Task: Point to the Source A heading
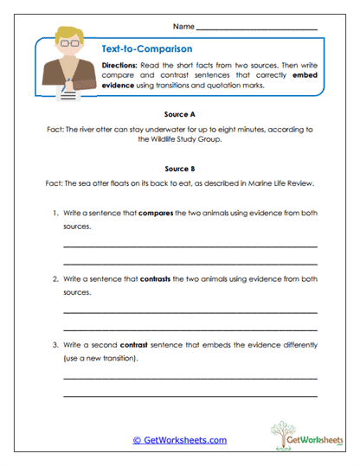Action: tap(180, 114)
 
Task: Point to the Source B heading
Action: tap(180, 170)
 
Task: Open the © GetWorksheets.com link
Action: tap(180, 440)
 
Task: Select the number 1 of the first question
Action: tap(54, 213)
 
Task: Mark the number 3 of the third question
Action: tap(54, 345)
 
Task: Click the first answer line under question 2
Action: tap(190, 312)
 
